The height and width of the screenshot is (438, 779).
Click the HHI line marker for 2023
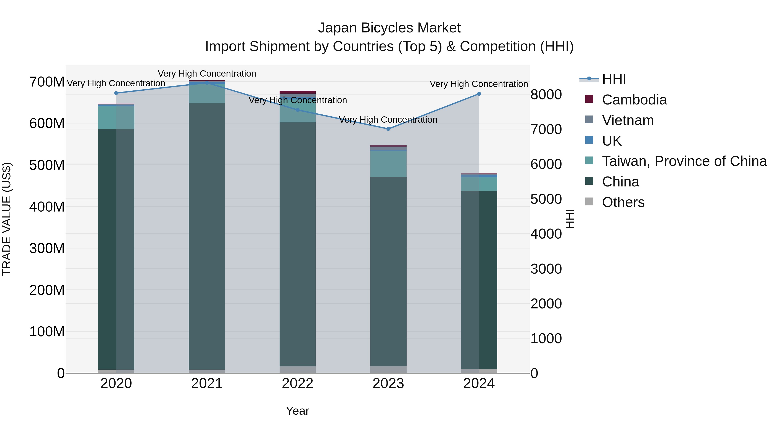click(388, 129)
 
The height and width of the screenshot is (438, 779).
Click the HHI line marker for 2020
click(116, 93)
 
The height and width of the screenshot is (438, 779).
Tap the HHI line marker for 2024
click(479, 94)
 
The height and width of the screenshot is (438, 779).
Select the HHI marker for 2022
click(298, 110)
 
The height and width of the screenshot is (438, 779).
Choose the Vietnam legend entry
click(628, 120)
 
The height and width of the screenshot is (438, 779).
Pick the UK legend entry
click(612, 141)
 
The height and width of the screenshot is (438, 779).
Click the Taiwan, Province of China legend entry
click(684, 161)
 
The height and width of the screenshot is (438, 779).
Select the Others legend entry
click(623, 202)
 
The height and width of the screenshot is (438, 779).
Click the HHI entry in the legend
click(614, 79)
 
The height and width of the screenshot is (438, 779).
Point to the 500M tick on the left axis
click(47, 165)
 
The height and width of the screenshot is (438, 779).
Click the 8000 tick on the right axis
click(546, 95)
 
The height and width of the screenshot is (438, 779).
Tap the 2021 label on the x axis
click(207, 383)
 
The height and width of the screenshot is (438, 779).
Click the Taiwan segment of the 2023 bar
click(388, 164)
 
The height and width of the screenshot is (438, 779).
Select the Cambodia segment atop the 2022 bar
click(298, 92)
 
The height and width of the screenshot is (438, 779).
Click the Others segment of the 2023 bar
click(388, 369)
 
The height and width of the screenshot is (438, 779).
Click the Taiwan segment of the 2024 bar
click(479, 184)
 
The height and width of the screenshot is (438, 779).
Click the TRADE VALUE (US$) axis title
click(7, 219)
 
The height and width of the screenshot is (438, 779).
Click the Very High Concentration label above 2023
click(388, 120)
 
